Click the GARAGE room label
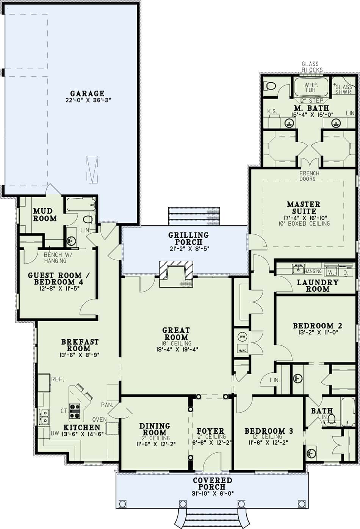point(87,93)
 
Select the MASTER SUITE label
point(303,207)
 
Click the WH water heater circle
point(242,336)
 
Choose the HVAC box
point(242,350)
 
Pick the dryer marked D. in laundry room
point(346,272)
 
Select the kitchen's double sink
point(44,416)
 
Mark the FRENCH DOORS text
point(309,176)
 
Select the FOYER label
point(210,431)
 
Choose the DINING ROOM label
point(154,429)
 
